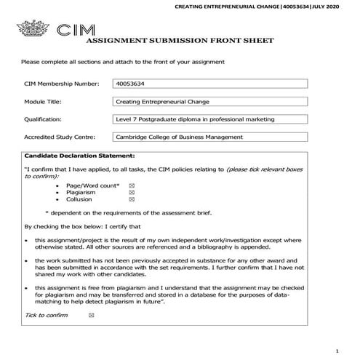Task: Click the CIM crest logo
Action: (x=33, y=31)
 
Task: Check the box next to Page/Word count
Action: (x=131, y=186)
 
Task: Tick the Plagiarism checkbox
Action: (x=131, y=193)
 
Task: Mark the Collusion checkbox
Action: (x=131, y=199)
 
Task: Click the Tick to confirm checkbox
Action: (x=90, y=315)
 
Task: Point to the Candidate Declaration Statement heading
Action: (x=79, y=156)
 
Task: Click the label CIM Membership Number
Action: (x=61, y=84)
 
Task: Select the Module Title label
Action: (x=44, y=102)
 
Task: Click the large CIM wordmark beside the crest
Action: (x=76, y=31)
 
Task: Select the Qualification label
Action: (x=43, y=119)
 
